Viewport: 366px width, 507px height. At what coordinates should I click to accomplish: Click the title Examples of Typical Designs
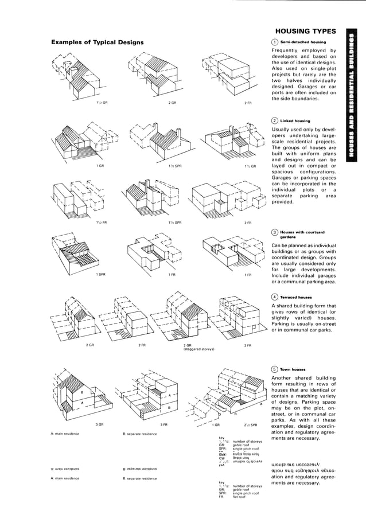[x=98, y=42]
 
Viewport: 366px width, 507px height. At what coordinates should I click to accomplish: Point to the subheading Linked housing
[x=295, y=121]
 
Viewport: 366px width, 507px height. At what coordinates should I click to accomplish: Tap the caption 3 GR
[x=100, y=424]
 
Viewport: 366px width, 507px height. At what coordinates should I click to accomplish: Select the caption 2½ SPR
[x=251, y=424]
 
